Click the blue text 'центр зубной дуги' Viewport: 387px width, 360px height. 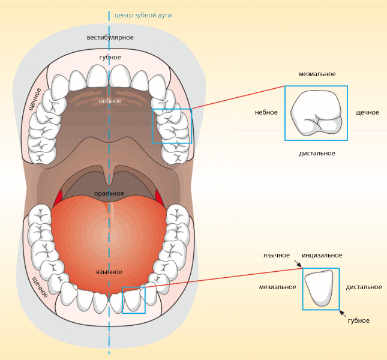[143, 16]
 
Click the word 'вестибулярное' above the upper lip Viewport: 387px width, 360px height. [110, 38]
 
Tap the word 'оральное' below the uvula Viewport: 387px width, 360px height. [109, 193]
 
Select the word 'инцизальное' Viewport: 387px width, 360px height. [322, 255]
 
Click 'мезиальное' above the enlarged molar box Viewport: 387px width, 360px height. [317, 74]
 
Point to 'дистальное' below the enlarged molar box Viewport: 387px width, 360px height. [317, 153]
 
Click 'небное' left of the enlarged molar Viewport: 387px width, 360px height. [266, 113]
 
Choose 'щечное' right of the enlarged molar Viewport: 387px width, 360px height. [367, 113]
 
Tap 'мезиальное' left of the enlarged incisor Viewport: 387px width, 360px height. [277, 287]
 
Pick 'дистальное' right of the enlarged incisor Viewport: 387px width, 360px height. [364, 287]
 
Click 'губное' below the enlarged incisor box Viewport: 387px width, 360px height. [359, 321]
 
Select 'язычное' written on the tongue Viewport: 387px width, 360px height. [109, 272]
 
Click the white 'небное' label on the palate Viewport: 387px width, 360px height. [110, 101]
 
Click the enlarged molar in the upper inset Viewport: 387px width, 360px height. [317, 113]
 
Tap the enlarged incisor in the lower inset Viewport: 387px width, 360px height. [319, 288]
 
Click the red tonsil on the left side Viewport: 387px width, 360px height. [58, 197]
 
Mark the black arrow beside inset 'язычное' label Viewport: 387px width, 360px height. [298, 263]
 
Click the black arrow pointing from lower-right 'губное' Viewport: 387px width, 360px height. [343, 313]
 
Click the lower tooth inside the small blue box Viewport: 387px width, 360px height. [132, 299]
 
